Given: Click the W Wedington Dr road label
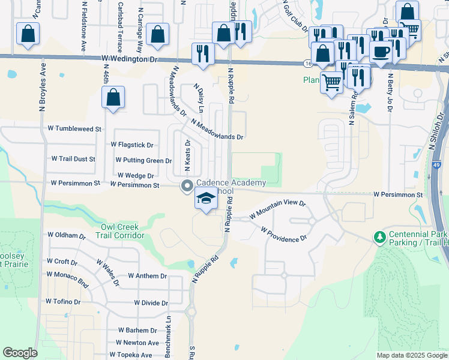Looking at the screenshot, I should pos(128,59).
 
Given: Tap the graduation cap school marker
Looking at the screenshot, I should pos(205,199).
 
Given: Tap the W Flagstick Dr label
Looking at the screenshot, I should pos(132,145).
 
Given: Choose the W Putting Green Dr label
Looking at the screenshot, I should pos(143,160).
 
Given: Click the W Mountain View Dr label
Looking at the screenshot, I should pos(278,209).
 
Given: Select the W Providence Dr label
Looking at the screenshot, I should pos(284,235).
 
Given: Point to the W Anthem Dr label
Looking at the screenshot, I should pos(147,276).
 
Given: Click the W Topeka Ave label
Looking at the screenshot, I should pos(133,355).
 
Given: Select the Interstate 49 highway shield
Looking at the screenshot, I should pos(436,164).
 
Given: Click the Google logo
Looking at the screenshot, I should pos(20,353).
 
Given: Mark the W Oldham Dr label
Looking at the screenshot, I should pos(67,235).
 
